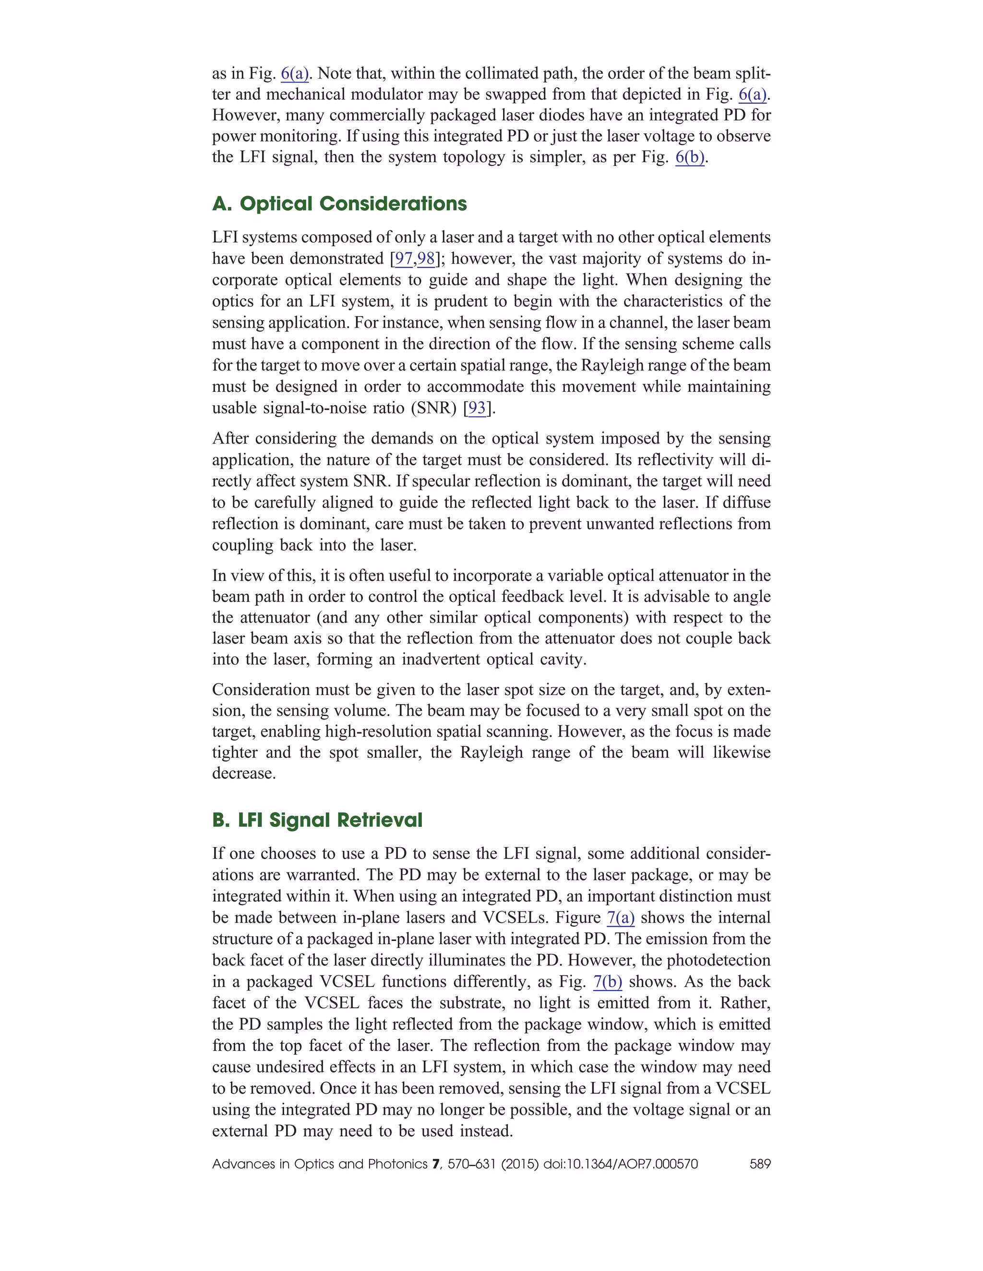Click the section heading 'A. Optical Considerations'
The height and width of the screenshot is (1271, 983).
[339, 204]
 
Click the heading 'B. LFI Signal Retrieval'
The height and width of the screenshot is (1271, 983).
[317, 820]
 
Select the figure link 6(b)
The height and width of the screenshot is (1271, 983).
[690, 157]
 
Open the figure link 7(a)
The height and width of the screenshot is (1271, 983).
[620, 918]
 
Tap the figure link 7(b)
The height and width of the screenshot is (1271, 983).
[607, 982]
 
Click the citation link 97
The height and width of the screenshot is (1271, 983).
[404, 259]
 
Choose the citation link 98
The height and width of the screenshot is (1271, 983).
[426, 259]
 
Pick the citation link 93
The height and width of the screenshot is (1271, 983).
[477, 408]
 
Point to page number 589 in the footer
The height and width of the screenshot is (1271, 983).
[760, 1164]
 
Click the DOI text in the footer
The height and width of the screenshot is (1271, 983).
[620, 1164]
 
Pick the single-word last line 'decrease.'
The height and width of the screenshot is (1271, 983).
[243, 774]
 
